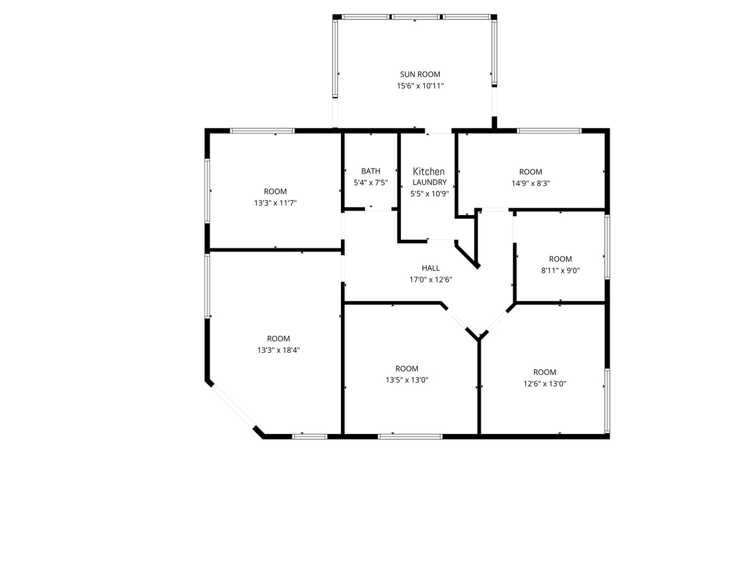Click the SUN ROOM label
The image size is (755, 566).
(420, 74)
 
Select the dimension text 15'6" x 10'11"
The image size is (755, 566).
(420, 86)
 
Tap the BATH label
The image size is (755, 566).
(371, 171)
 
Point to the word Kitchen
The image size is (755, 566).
(428, 172)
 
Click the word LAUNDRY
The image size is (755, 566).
(429, 182)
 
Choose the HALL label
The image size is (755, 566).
(430, 268)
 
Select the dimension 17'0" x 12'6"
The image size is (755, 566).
(430, 280)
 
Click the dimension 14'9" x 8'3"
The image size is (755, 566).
(530, 184)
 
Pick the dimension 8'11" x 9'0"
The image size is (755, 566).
(560, 270)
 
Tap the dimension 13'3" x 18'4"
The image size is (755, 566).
(278, 350)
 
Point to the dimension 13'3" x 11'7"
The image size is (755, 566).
(275, 203)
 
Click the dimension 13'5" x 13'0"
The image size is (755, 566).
(406, 380)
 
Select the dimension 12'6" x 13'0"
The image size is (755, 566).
(544, 384)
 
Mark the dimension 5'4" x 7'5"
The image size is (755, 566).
(371, 183)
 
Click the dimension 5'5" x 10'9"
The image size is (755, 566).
(429, 194)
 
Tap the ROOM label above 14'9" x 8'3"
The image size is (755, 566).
(530, 172)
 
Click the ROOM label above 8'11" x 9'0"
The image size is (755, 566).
(560, 259)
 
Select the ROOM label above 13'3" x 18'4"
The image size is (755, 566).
(278, 338)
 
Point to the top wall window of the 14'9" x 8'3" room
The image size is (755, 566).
(549, 131)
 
